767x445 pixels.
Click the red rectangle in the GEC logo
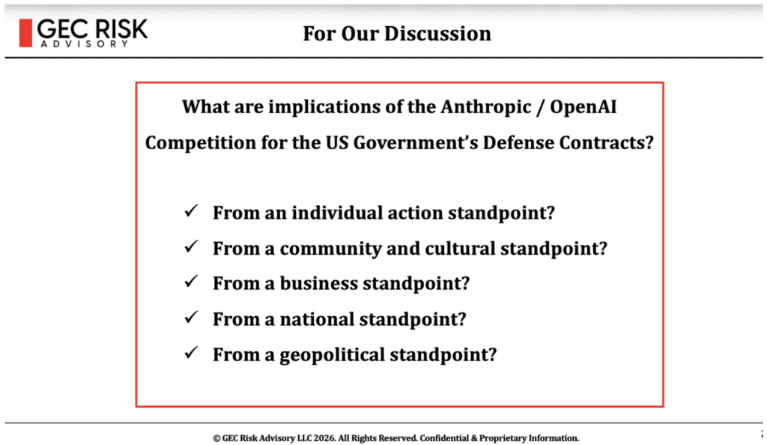(x=25, y=33)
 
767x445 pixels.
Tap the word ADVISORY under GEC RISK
(x=85, y=44)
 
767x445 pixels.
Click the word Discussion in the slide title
(x=437, y=34)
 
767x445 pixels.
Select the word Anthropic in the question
(x=485, y=107)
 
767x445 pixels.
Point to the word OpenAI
(x=583, y=107)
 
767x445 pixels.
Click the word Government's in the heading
(x=415, y=143)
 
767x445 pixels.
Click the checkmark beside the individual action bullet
(x=191, y=211)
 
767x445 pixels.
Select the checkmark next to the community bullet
(x=191, y=246)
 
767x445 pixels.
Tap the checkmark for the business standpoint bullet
(x=191, y=282)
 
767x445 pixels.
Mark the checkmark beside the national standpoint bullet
(x=191, y=318)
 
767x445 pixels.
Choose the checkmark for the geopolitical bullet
(x=191, y=353)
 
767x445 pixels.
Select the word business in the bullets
(x=318, y=284)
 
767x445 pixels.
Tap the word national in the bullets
(x=317, y=319)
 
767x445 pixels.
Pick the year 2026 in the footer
(x=325, y=438)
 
